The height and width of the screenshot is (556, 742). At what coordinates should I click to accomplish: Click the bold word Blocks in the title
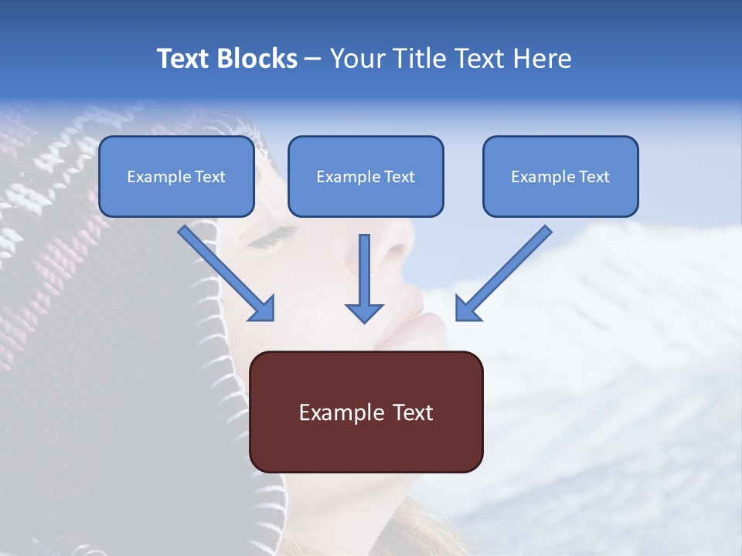pyautogui.click(x=257, y=59)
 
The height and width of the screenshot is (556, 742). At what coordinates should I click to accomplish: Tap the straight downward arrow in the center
pyautogui.click(x=364, y=278)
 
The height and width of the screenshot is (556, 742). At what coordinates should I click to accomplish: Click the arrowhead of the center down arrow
pyautogui.click(x=364, y=312)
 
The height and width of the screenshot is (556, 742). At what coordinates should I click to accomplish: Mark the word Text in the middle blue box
pyautogui.click(x=400, y=177)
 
